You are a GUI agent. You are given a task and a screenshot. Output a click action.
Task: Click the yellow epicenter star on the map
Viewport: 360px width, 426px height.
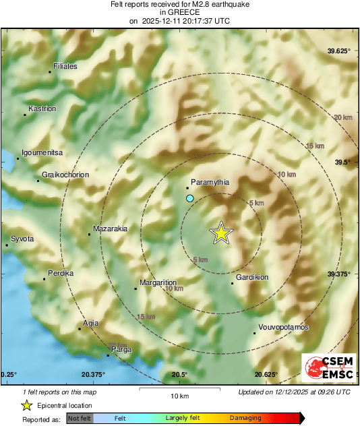click(221, 233)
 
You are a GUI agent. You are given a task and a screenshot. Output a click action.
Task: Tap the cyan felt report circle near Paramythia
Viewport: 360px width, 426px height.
click(190, 198)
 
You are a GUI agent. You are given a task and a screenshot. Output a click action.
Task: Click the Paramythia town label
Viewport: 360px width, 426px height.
click(210, 182)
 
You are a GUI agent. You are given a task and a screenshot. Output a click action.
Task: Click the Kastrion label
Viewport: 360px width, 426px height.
click(42, 109)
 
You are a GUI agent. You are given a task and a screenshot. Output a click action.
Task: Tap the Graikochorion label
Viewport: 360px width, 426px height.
click(65, 175)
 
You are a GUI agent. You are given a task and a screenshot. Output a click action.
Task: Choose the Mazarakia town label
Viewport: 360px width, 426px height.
click(110, 229)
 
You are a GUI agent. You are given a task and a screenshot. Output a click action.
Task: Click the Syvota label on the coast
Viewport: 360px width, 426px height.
click(22, 239)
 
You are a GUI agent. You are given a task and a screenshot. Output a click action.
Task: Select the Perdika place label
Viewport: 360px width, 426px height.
click(61, 273)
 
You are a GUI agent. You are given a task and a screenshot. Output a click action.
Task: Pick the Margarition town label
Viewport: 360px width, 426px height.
click(158, 283)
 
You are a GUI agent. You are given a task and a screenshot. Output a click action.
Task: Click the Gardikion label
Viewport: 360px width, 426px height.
click(252, 278)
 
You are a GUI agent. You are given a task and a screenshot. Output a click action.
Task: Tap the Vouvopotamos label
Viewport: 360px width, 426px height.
click(283, 327)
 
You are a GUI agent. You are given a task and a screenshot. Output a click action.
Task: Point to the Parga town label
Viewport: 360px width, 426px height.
click(121, 349)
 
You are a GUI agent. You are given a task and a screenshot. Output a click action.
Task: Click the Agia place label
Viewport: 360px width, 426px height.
click(90, 324)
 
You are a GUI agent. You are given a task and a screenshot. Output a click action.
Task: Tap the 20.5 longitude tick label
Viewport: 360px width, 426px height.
click(179, 374)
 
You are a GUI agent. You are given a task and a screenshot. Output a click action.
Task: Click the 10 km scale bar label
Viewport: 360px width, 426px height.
click(179, 395)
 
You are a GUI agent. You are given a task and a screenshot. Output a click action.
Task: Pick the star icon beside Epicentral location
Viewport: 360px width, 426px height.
click(26, 405)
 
